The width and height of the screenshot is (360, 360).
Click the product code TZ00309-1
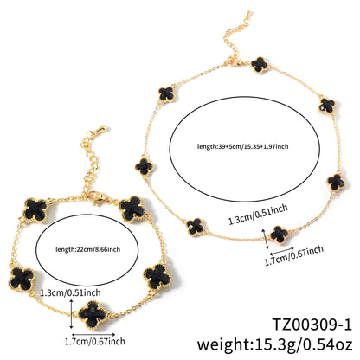(x=312, y=325)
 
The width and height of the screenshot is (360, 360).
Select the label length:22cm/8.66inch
(x=87, y=249)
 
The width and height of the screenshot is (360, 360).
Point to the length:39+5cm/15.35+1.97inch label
(x=242, y=146)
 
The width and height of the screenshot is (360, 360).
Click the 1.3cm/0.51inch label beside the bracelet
(x=70, y=292)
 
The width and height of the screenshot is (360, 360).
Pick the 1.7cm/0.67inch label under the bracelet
(x=94, y=342)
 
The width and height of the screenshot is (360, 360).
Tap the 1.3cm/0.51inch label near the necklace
(x=258, y=214)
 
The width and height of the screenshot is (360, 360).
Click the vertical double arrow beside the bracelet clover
(x=71, y=314)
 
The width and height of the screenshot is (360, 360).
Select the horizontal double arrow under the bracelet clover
(x=93, y=335)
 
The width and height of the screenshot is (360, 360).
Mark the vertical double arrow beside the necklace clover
(x=266, y=239)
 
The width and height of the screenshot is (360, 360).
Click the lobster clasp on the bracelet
(x=97, y=197)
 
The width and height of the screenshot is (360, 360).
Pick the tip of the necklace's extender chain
(x=248, y=15)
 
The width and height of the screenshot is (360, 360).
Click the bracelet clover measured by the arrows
(x=93, y=315)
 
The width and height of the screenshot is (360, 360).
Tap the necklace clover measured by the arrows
(x=279, y=235)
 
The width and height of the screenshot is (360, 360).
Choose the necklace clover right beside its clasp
(x=260, y=65)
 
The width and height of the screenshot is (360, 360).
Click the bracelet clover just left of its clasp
(x=35, y=210)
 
